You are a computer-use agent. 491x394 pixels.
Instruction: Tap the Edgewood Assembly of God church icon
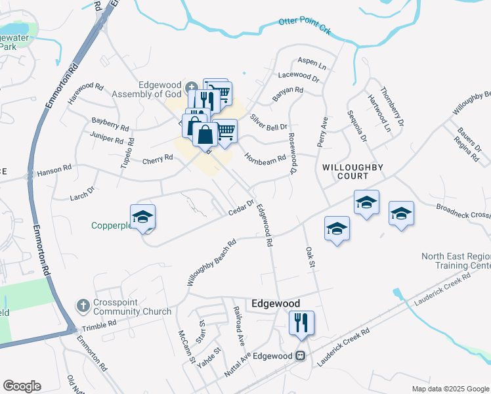pyautogui.click(x=190, y=87)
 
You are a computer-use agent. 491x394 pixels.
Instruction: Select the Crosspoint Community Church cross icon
pyautogui.click(x=83, y=305)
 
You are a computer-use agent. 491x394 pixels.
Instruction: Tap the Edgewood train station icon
pyautogui.click(x=300, y=355)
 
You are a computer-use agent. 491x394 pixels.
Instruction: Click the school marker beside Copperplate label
pyautogui.click(x=141, y=217)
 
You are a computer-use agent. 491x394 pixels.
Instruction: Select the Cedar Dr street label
pyautogui.click(x=240, y=207)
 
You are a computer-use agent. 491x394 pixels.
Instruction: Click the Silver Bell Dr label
pyautogui.click(x=269, y=122)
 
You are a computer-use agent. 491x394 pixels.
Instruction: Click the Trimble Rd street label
pyautogui.click(x=98, y=323)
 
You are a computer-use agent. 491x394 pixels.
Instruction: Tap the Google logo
pyautogui.click(x=22, y=386)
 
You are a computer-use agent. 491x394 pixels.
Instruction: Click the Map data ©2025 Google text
pyautogui.click(x=450, y=389)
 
